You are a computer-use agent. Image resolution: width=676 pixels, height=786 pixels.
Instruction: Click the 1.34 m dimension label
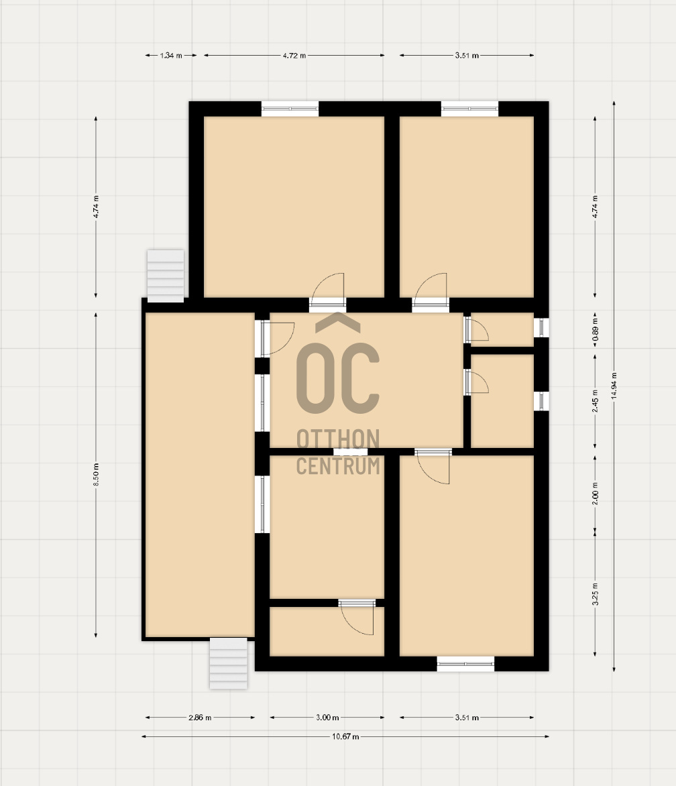click(x=171, y=56)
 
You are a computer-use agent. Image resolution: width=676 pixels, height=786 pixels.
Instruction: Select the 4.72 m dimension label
click(x=294, y=56)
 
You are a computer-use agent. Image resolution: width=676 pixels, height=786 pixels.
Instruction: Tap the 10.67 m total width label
click(x=345, y=736)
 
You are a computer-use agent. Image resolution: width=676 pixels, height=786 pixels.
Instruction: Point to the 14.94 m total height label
click(x=614, y=386)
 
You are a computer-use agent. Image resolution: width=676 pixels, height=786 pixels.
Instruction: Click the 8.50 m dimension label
click(x=96, y=474)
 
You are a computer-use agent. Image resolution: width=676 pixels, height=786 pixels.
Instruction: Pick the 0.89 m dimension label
click(x=595, y=331)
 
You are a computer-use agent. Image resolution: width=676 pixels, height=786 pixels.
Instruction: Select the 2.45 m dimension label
click(x=595, y=401)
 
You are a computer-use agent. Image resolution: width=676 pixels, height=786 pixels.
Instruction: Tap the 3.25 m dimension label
click(x=595, y=594)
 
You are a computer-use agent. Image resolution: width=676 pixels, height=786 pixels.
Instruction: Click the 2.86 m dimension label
click(x=200, y=718)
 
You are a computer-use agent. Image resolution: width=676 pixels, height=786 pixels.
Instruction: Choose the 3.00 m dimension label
click(x=327, y=718)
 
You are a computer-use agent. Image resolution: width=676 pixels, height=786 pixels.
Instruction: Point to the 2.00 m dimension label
click(x=595, y=493)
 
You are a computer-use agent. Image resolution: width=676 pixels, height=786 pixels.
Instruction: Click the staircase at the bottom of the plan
click(x=229, y=663)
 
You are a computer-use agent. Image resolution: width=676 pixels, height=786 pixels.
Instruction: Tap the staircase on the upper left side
click(x=166, y=276)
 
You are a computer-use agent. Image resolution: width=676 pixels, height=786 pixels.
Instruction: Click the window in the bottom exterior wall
click(x=465, y=664)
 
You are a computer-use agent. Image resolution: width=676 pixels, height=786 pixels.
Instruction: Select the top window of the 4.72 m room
click(x=290, y=109)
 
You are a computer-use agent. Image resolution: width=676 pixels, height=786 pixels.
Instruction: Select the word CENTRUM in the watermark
click(x=338, y=465)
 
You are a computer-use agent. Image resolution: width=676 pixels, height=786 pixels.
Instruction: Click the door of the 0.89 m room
click(x=475, y=329)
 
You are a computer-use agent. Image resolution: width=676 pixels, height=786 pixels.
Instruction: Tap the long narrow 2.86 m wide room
click(x=200, y=475)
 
